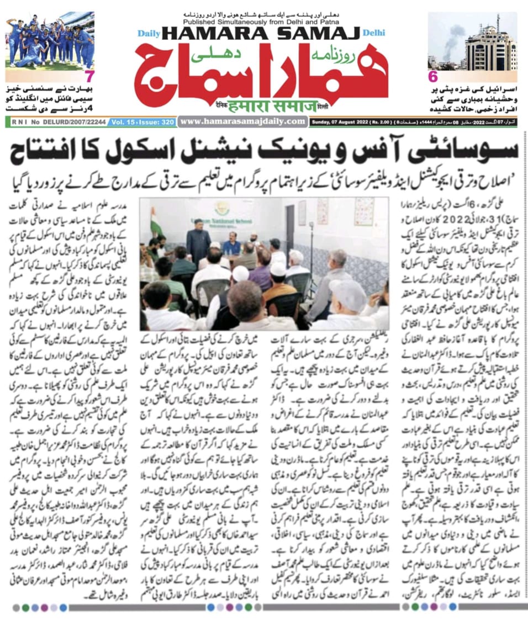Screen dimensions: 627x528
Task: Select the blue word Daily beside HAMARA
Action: pos(149,34)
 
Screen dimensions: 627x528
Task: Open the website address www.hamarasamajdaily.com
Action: pos(243,121)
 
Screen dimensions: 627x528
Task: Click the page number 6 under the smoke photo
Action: pos(432,77)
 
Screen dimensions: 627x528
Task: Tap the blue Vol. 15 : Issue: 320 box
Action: pos(142,122)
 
